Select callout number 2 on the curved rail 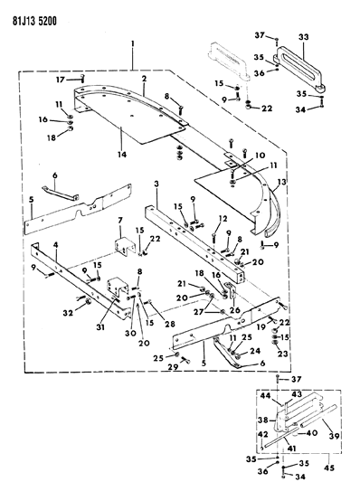[x=143, y=80]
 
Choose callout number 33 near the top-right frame [x=303, y=37]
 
